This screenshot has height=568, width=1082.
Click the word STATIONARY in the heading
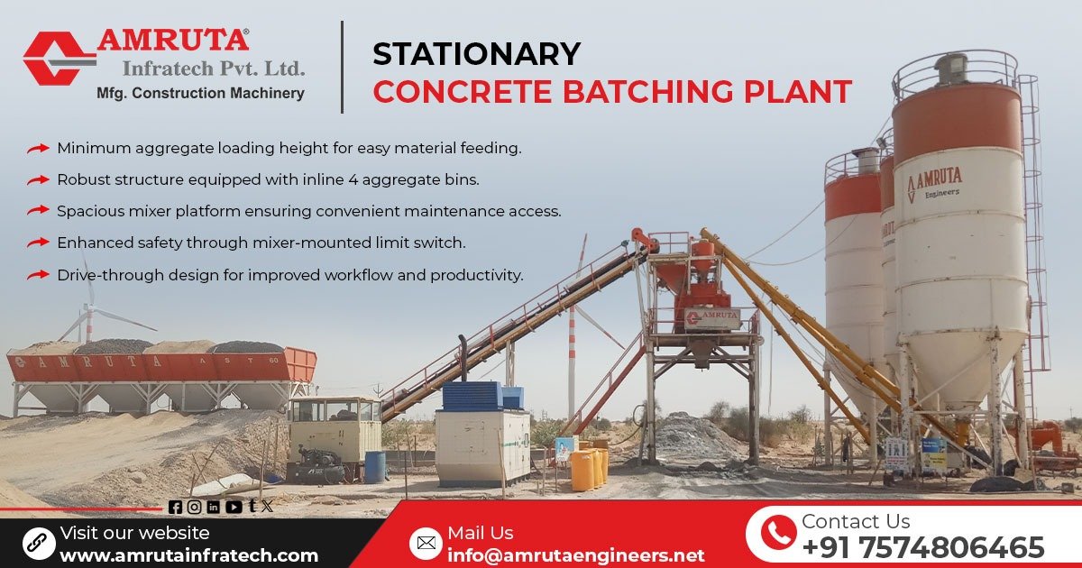pyautogui.click(x=476, y=54)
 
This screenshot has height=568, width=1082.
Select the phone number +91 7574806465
pyautogui.click(x=922, y=547)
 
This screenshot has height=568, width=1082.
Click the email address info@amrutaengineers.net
pyautogui.click(x=575, y=554)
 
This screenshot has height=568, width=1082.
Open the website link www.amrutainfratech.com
pyautogui.click(x=188, y=555)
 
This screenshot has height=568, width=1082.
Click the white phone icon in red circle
pyautogui.click(x=777, y=534)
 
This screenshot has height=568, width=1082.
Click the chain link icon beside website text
pyautogui.click(x=38, y=543)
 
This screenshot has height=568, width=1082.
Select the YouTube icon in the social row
pyautogui.click(x=234, y=508)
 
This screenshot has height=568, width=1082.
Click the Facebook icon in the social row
pyautogui.click(x=175, y=508)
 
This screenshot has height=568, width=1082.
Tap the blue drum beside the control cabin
pyautogui.click(x=375, y=466)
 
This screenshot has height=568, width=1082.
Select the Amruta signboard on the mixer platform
pyautogui.click(x=711, y=317)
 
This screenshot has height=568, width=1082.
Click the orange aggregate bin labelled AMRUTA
pyautogui.click(x=162, y=366)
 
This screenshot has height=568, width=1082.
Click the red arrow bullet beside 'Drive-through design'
pyautogui.click(x=37, y=275)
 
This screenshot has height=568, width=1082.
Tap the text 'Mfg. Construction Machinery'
pyautogui.click(x=200, y=93)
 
